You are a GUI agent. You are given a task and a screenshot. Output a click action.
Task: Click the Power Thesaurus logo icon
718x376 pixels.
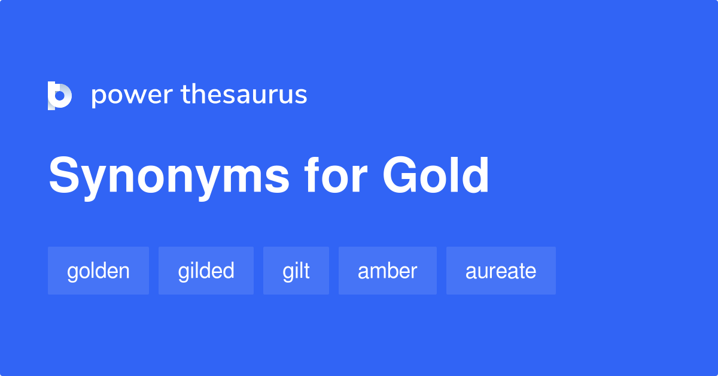point(60,95)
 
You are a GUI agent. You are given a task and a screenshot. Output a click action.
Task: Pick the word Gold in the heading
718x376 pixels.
point(436,176)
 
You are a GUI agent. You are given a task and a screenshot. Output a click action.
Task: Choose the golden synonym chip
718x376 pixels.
point(98,271)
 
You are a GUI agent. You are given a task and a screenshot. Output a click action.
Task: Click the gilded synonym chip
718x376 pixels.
point(206,271)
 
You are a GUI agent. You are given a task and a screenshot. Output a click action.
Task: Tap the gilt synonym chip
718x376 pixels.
point(296,271)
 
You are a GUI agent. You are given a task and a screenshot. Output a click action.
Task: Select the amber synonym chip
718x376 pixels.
point(387,271)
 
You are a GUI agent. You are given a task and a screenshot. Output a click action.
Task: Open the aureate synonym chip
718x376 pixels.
point(501,271)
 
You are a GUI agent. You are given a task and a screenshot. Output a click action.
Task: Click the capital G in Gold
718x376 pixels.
point(401,176)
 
